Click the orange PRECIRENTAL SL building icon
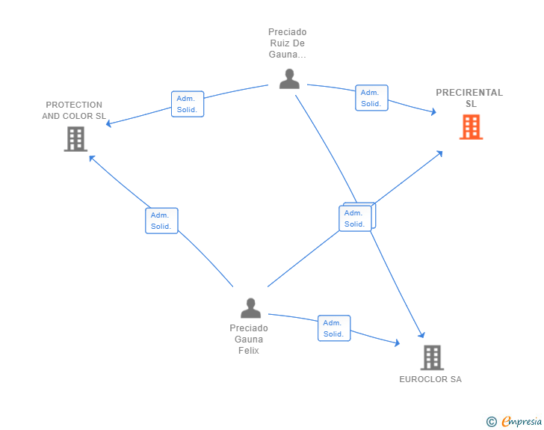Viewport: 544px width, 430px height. click(471, 127)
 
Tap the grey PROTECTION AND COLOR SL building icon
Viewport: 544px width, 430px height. click(75, 139)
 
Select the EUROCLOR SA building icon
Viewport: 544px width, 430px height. click(432, 357)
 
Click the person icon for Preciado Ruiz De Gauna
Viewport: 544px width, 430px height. click(289, 79)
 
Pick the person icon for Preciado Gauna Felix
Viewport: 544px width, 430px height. click(250, 308)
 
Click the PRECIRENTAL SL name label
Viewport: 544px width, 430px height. click(469, 98)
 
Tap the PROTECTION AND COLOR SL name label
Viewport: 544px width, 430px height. click(74, 111)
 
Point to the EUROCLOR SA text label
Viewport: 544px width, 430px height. click(430, 379)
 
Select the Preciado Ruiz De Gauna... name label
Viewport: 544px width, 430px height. click(288, 43)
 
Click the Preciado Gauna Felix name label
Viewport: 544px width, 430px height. click(249, 339)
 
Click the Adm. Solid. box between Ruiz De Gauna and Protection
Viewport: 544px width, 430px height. click(188, 104)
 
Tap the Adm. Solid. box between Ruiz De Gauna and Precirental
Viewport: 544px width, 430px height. click(371, 98)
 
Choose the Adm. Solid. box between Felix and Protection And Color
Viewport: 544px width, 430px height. click(161, 221)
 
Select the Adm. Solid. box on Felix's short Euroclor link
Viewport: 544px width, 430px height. click(334, 328)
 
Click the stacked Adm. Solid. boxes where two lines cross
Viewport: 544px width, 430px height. click(356, 217)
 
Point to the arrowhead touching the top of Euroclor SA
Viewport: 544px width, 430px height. click(421, 335)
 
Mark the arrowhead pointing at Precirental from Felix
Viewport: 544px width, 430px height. click(439, 153)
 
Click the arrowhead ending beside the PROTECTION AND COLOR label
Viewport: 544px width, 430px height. click(108, 123)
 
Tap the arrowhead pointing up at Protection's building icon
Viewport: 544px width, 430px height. click(92, 159)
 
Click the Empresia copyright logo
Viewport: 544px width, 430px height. click(514, 421)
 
